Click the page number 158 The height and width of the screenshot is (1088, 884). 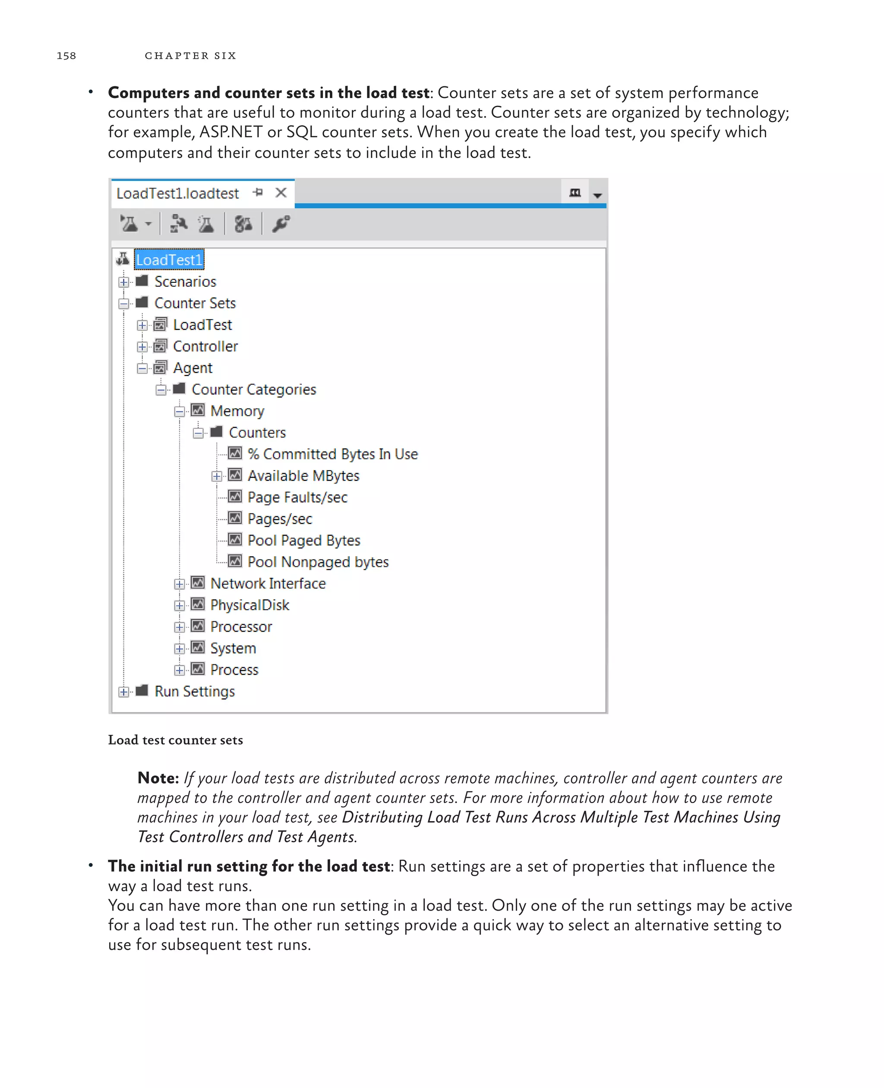pos(66,56)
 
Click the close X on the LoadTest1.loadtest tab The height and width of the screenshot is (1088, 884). pos(281,193)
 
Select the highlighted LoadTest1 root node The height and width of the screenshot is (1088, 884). pos(168,260)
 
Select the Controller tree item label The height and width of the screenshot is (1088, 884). pos(205,346)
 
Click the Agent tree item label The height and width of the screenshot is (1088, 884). pos(193,368)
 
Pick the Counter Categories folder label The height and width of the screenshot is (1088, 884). pos(254,390)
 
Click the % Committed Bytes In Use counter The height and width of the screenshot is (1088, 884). pos(332,454)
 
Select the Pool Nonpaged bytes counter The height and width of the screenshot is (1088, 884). pos(318,562)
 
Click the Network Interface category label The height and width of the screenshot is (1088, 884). pos(268,583)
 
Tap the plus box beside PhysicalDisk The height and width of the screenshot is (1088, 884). pos(179,605)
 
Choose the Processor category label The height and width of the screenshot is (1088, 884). pos(241,626)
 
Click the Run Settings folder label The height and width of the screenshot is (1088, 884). pos(195,691)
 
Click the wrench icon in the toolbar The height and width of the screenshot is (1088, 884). pos(281,224)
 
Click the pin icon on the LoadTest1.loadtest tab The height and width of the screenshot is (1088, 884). pos(258,193)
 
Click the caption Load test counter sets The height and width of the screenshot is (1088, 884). pos(175,740)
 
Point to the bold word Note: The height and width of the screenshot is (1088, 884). pos(158,778)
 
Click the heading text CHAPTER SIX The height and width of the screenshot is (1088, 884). pos(190,56)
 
